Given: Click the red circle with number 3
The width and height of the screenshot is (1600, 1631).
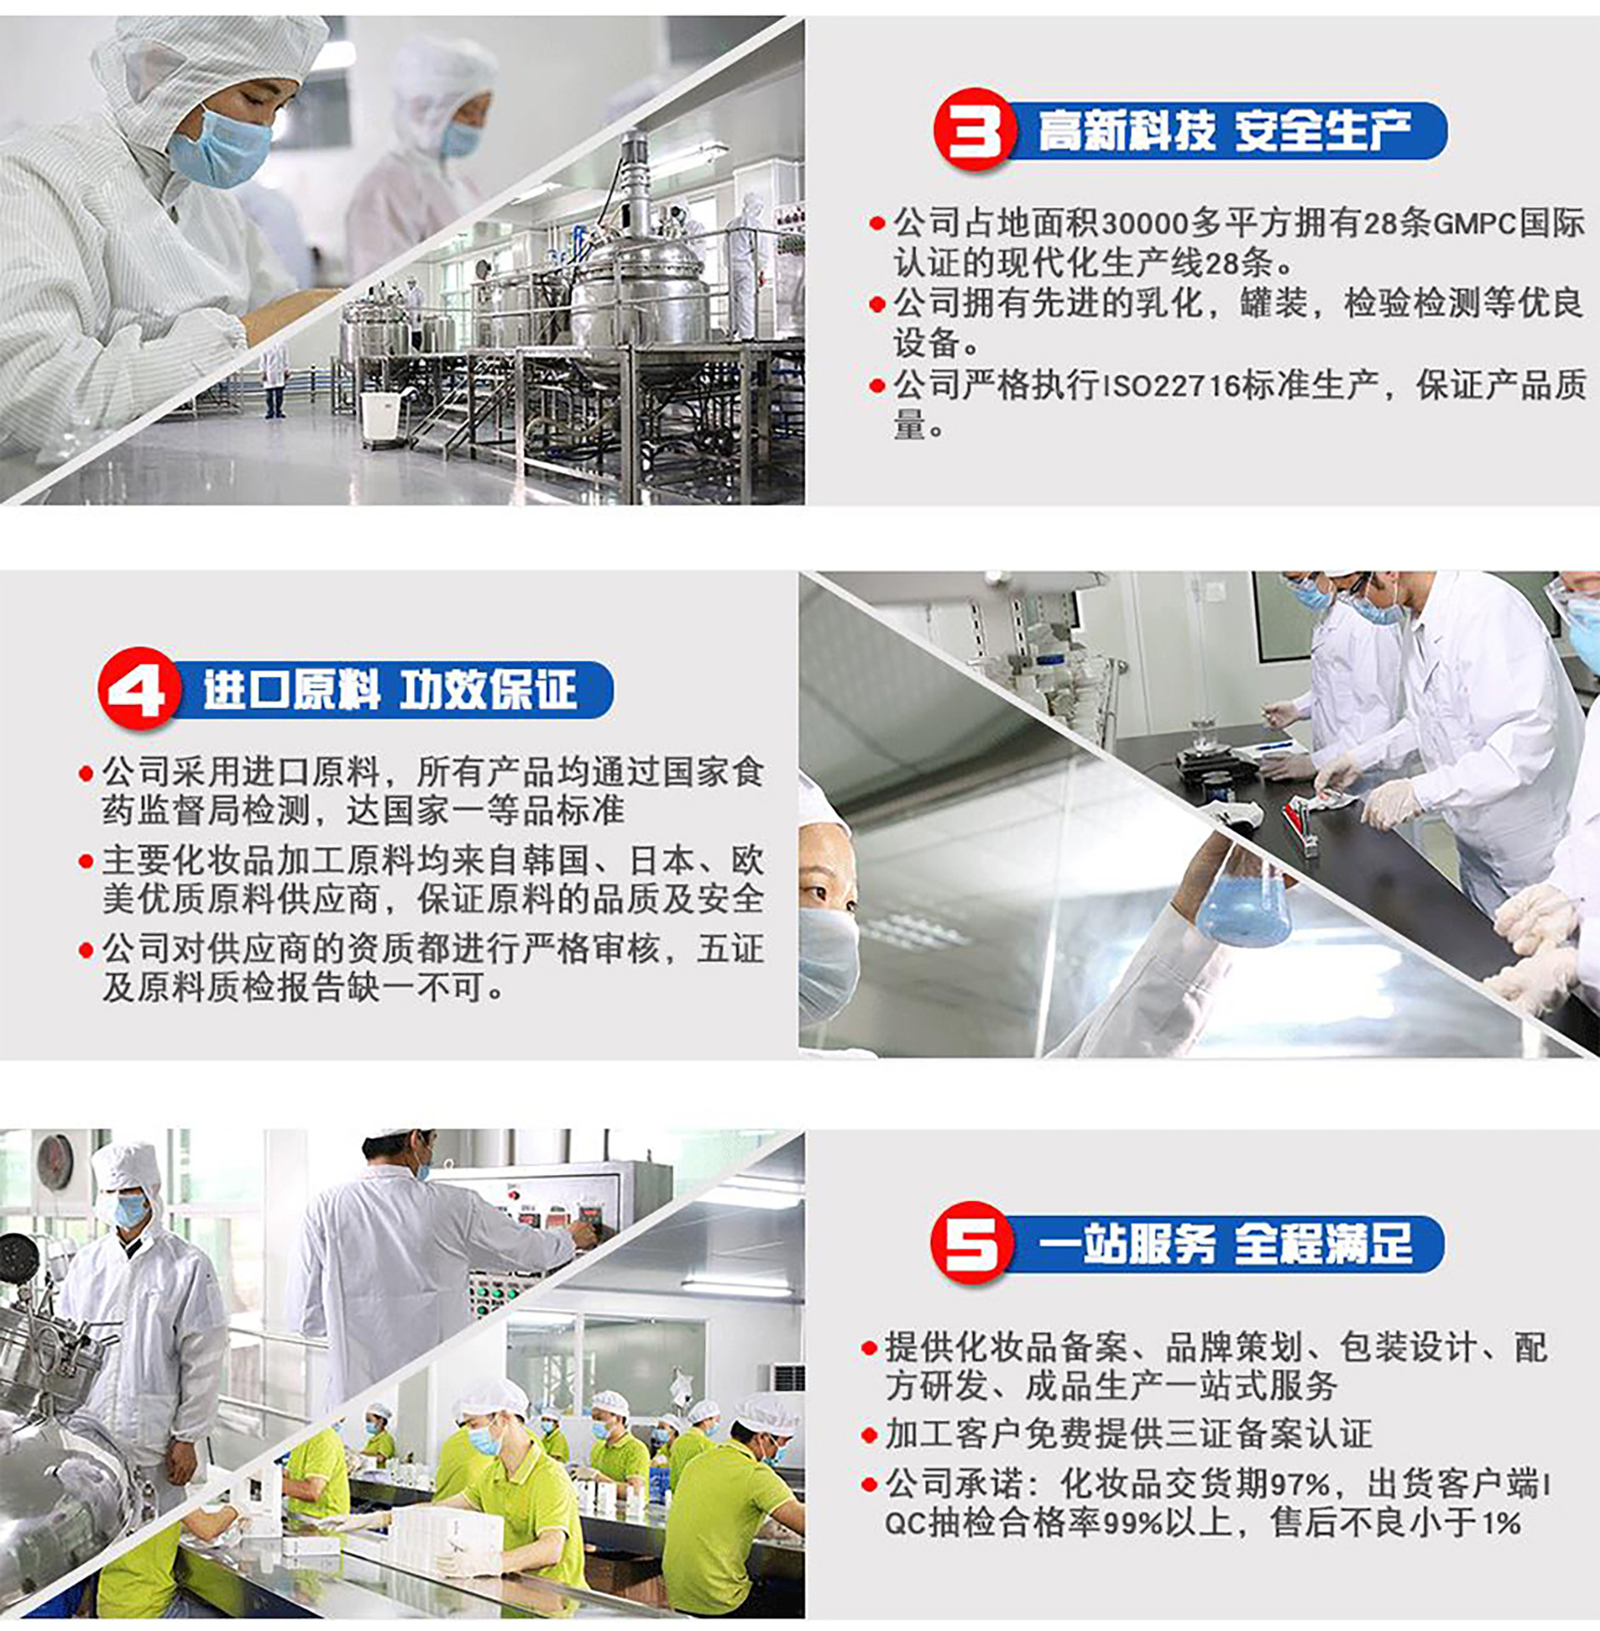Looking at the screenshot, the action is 975,130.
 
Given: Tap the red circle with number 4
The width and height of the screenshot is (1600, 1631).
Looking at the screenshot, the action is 139,688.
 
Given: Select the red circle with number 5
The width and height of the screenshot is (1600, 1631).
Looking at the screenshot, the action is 972,1243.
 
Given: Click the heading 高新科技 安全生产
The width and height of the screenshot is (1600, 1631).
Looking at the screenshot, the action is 1224,131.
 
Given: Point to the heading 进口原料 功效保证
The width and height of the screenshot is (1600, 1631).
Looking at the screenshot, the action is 390,689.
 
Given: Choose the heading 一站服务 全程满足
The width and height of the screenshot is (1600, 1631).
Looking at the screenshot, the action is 1224,1244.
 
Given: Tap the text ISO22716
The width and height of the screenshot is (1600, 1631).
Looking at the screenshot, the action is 1172,387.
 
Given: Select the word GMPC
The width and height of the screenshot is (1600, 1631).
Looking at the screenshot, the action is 1475,224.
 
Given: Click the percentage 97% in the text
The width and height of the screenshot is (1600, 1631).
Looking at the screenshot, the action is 1300,1485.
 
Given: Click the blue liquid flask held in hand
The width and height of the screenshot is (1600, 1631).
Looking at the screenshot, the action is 1244,906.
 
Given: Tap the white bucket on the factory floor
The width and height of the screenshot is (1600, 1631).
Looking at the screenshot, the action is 380,416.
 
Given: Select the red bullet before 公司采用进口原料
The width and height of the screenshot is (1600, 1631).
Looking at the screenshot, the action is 86,773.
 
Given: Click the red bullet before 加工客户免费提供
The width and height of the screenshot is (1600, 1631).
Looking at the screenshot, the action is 868,1436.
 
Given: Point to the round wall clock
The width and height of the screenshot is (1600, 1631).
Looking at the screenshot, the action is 54,1161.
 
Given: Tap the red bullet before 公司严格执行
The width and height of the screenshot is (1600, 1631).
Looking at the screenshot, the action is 878,387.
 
